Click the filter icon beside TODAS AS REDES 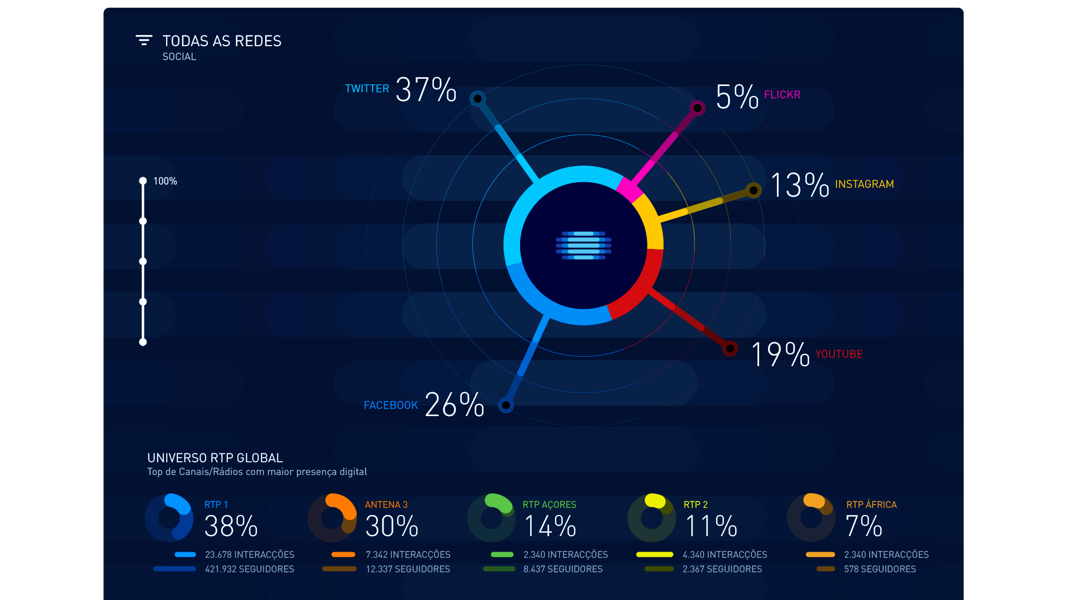click(144, 40)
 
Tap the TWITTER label click(367, 89)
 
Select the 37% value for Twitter click(426, 90)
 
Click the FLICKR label click(782, 95)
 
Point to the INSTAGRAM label click(864, 184)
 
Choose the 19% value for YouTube click(780, 354)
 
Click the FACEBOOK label click(391, 406)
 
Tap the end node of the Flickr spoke click(697, 108)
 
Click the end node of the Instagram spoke click(754, 191)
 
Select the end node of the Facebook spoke click(506, 405)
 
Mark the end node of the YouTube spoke click(730, 349)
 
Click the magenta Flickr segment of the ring click(629, 189)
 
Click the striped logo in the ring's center click(584, 246)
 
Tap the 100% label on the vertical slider click(165, 182)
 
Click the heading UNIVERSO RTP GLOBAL click(215, 458)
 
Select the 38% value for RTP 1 click(231, 526)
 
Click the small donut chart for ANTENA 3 click(332, 518)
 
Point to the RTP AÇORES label click(549, 505)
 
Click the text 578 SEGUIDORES click(880, 569)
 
